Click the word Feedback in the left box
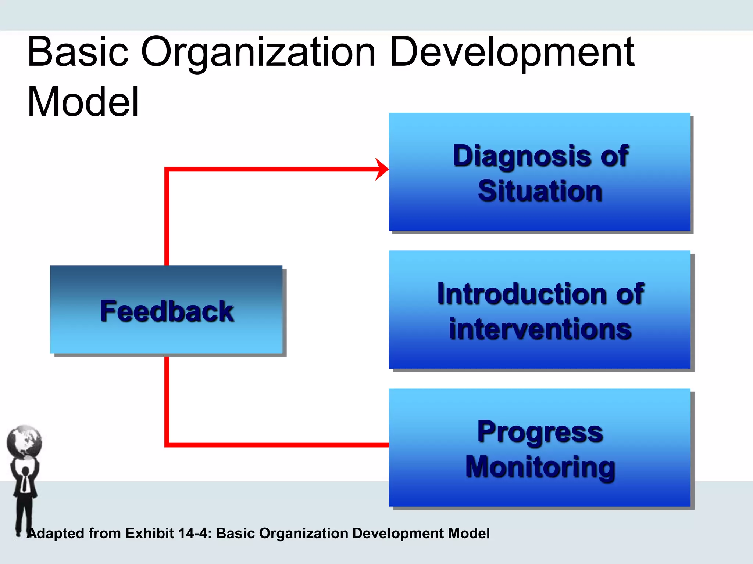[x=167, y=311]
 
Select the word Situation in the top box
[x=540, y=191]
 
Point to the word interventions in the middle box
[x=540, y=329]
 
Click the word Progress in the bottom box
[x=540, y=432]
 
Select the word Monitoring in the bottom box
[x=540, y=467]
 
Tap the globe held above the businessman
[x=24, y=442]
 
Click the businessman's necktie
[x=24, y=483]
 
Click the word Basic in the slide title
[x=78, y=52]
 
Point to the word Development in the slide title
[x=512, y=52]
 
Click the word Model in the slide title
[x=83, y=102]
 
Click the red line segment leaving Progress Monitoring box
[x=279, y=445]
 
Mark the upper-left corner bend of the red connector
[x=167, y=169]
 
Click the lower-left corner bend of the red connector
[x=167, y=445]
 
